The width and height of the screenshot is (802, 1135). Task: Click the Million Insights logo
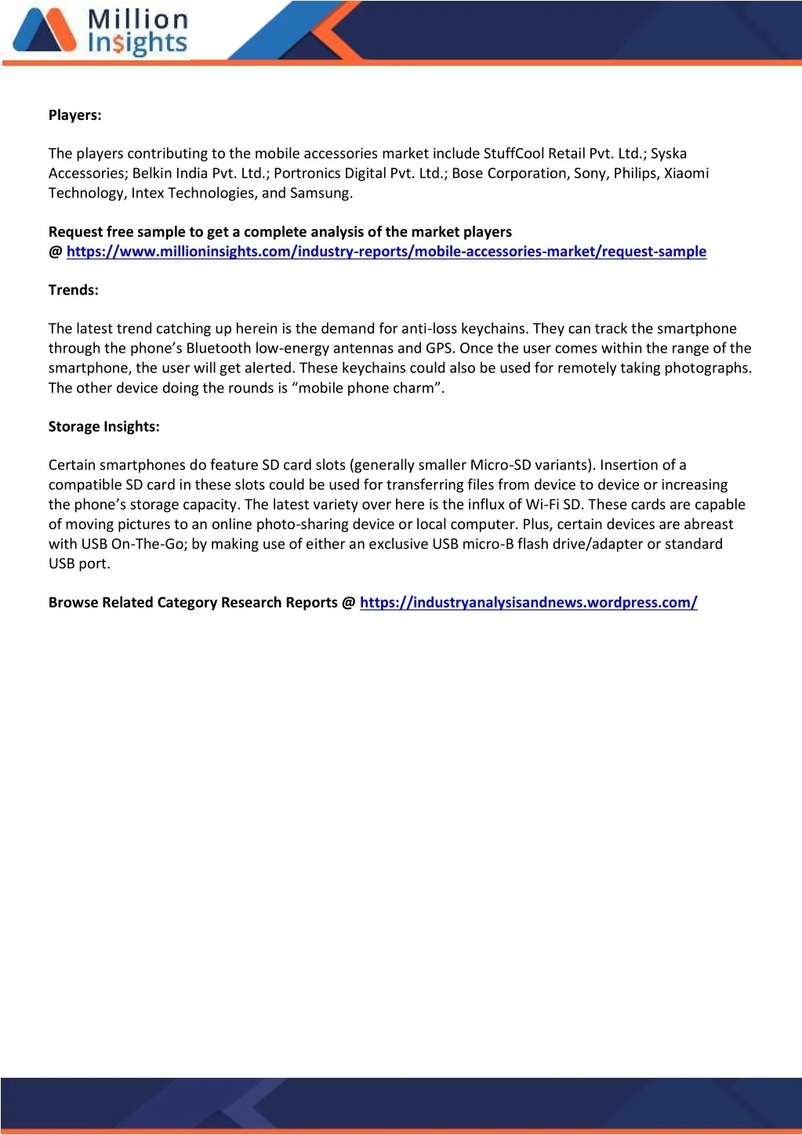click(x=100, y=32)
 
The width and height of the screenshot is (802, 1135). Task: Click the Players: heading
click(x=75, y=115)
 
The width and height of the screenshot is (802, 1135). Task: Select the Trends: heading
click(x=74, y=290)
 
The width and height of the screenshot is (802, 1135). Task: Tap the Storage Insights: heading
click(x=104, y=426)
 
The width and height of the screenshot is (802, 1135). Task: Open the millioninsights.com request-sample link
click(x=386, y=252)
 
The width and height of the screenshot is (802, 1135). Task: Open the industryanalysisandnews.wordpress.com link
click(x=528, y=603)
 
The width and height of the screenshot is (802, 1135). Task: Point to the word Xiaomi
click(x=686, y=173)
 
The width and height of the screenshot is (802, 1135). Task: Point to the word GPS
click(x=439, y=349)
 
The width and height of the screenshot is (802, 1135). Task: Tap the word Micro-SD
click(x=500, y=466)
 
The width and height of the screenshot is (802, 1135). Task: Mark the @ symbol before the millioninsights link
click(x=55, y=252)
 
